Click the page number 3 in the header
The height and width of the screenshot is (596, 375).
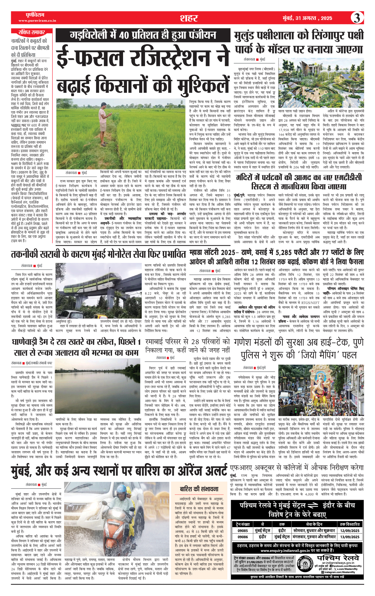(357, 18)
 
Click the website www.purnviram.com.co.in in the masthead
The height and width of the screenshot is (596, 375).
(37, 21)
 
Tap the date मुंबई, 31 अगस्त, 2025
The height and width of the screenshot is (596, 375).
(307, 18)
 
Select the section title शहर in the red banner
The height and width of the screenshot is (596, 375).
(189, 18)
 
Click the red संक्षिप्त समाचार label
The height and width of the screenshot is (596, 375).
(31, 32)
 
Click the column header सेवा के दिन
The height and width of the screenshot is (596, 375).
(314, 524)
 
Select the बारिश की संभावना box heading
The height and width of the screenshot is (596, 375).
(199, 489)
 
